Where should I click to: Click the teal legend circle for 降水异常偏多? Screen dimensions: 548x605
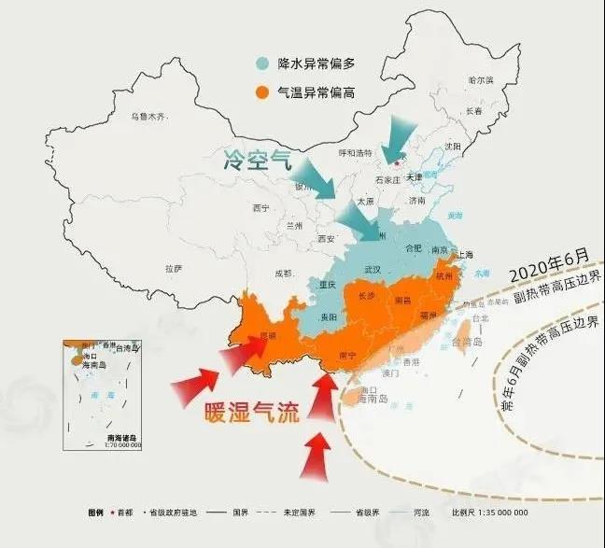pos(265,64)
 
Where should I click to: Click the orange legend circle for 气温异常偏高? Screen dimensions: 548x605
pos(265,92)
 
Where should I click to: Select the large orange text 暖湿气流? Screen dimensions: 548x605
pos(252,412)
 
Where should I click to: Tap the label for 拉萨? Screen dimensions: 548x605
pos(173,268)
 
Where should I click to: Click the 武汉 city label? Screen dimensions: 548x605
pos(373,269)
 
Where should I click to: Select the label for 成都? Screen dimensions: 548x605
pos(283,274)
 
